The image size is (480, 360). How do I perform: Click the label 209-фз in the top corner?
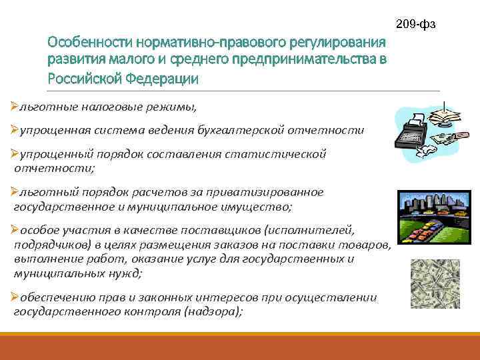[415, 25]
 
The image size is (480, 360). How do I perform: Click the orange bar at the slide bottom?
[240, 349]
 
